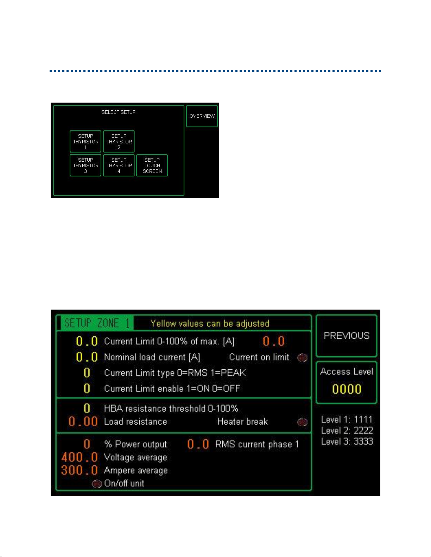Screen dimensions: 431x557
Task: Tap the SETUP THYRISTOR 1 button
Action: pos(85,142)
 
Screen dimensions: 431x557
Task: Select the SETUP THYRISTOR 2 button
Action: pos(119,142)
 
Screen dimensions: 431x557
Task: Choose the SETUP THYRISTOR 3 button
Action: pos(85,165)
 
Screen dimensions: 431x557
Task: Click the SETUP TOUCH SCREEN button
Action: pos(152,165)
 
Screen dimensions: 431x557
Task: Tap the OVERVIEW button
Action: pos(202,116)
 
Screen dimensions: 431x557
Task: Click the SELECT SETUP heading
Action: pos(119,112)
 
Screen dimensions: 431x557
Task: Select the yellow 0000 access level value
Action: pos(347,389)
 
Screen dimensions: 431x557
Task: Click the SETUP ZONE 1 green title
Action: pos(97,323)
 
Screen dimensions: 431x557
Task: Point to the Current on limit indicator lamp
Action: pos(302,358)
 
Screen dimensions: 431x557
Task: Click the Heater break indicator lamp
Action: pos(302,422)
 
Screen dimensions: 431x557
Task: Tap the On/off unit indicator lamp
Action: pos(97,484)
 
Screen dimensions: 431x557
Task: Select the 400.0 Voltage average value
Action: pos(80,457)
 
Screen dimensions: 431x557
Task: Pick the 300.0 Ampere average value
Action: pos(80,470)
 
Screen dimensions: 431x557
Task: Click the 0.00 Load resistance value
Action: pos(83,422)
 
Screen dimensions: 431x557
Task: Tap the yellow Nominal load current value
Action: pos(87,357)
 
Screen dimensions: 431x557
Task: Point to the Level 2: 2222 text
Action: pos(347,430)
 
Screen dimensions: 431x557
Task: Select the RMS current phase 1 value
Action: pos(198,444)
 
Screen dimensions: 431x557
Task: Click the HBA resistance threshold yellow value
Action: pos(87,408)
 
